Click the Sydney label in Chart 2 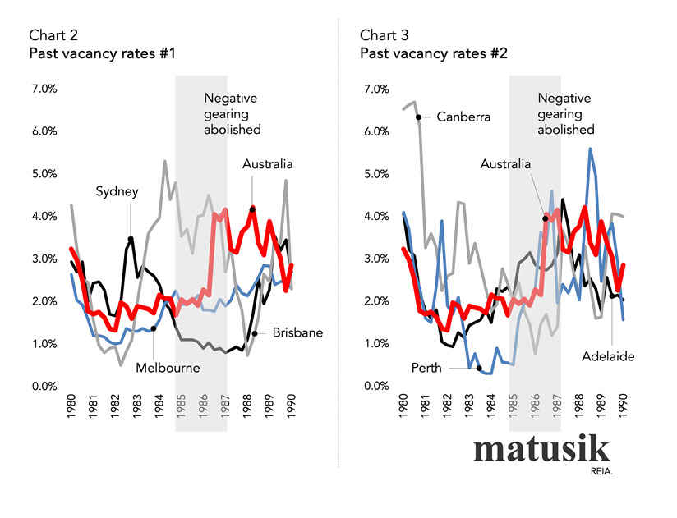117,191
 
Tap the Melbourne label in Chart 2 168,368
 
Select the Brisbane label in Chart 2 298,333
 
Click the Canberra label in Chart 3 463,117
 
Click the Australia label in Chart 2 267,164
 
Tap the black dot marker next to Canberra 419,117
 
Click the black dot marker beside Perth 479,368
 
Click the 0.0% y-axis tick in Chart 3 375,386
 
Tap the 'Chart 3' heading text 384,35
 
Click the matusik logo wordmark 541,450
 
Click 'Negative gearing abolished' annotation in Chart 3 566,113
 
